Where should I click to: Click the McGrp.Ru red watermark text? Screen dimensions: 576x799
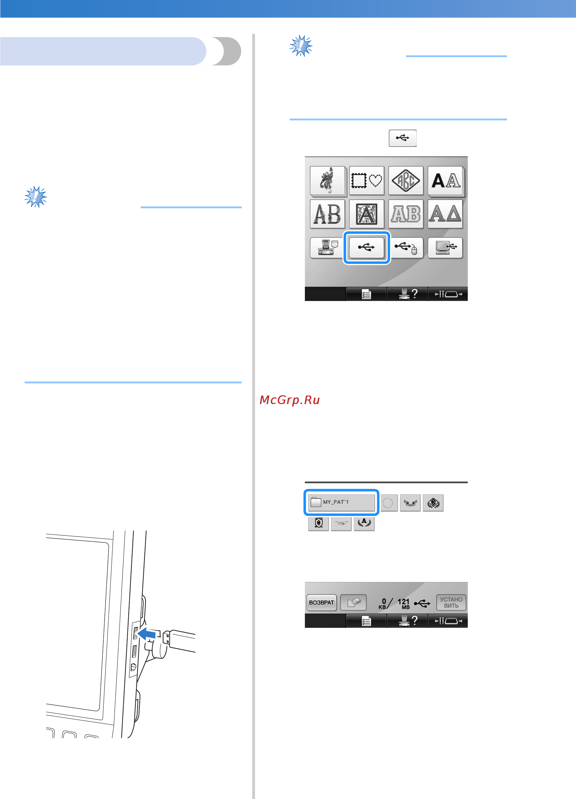pyautogui.click(x=290, y=400)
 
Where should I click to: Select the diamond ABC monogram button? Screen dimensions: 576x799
pyautogui.click(x=406, y=180)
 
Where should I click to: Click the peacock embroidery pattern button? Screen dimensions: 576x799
pyautogui.click(x=328, y=180)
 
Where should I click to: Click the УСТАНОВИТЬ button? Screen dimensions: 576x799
pyautogui.click(x=451, y=602)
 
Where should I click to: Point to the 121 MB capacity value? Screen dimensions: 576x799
pyautogui.click(x=404, y=604)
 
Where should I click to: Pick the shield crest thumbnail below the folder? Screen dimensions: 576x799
pyautogui.click(x=319, y=523)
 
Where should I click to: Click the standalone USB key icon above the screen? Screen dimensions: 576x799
pyautogui.click(x=403, y=138)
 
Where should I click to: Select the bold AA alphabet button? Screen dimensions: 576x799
pyautogui.click(x=446, y=180)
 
